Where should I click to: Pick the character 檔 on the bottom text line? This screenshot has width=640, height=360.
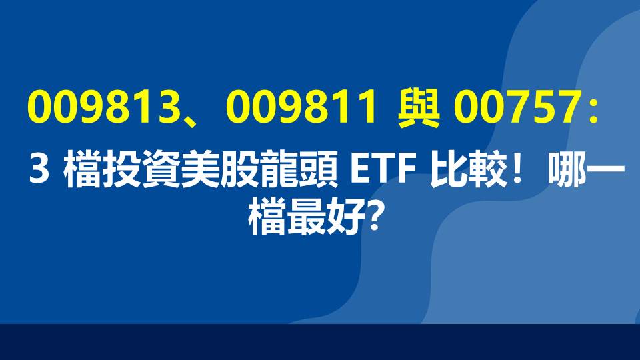pyautogui.click(x=269, y=217)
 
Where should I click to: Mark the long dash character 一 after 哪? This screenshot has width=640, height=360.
pyautogui.click(x=603, y=172)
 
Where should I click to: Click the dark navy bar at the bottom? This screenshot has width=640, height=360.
pyautogui.click(x=320, y=342)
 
